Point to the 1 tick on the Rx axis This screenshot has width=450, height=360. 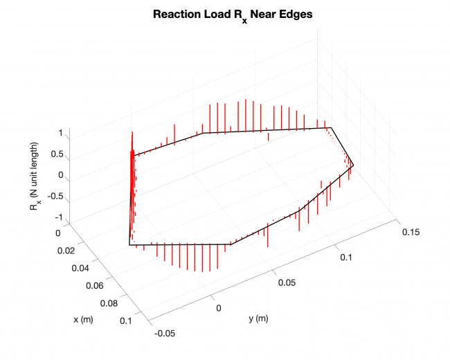click(61, 132)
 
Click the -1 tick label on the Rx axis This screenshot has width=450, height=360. click(59, 218)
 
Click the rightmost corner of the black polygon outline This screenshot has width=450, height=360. click(353, 165)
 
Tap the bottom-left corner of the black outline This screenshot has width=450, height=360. click(129, 244)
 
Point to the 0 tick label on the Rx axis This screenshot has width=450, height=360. click(60, 175)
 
